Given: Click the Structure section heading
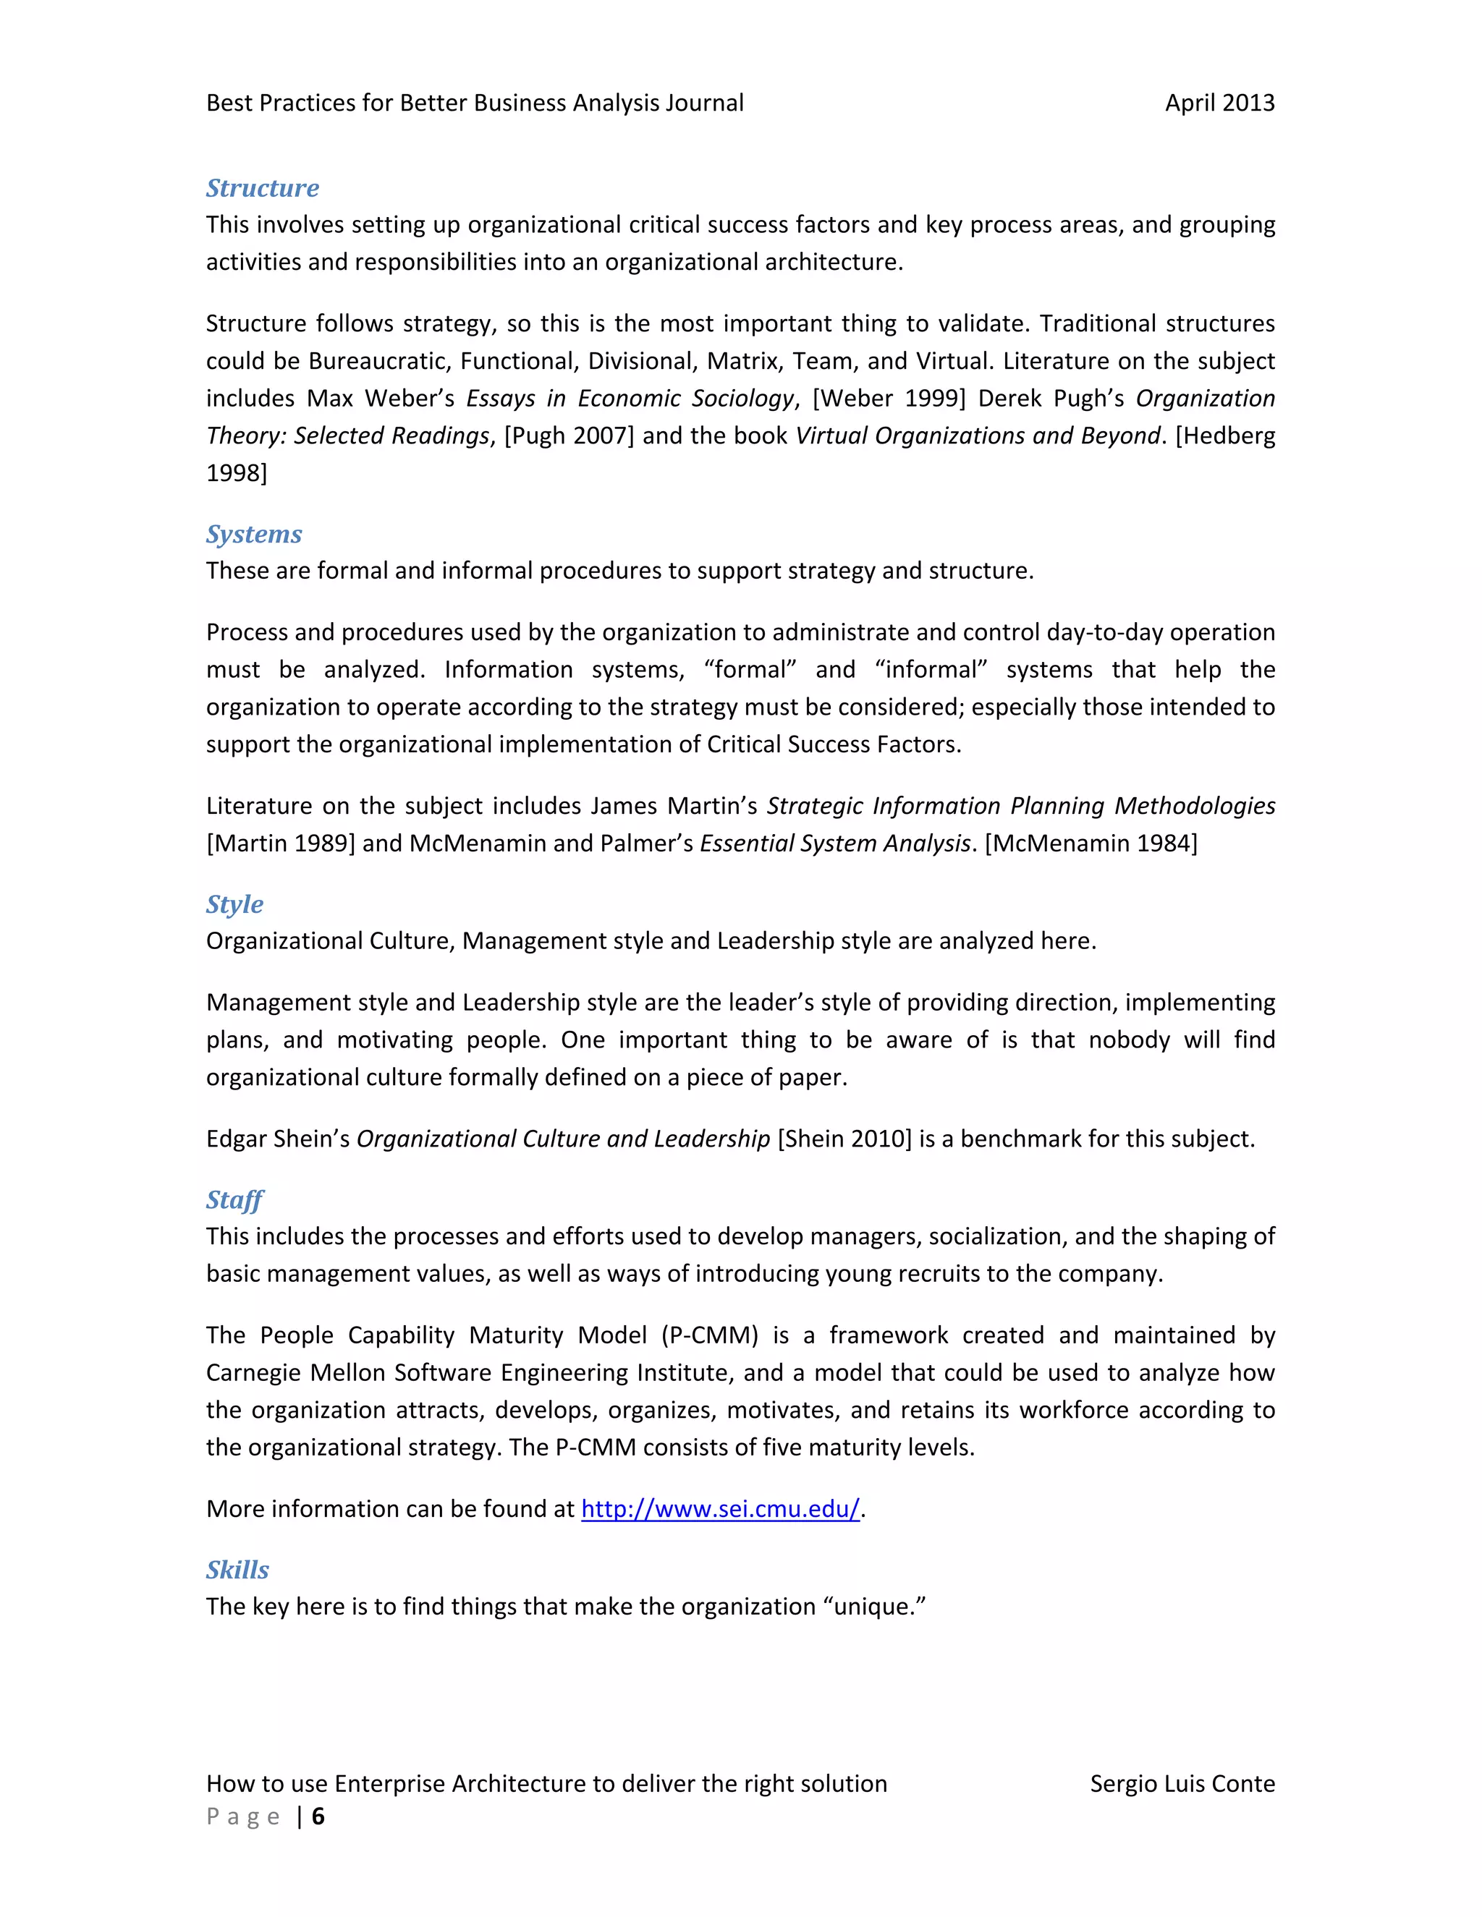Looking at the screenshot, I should click(263, 189).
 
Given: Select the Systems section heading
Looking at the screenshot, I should click(254, 535).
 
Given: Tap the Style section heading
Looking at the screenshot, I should click(234, 905).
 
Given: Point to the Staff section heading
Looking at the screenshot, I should click(234, 1200).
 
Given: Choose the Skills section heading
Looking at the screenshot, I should click(237, 1570).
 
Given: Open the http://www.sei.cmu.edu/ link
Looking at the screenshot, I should click(720, 1509).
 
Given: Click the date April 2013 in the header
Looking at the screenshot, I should click(1219, 103).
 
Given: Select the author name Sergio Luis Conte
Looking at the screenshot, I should click(1182, 1784).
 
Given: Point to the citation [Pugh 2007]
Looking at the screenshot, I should click(568, 436).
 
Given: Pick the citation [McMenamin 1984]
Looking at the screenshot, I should click(1091, 843).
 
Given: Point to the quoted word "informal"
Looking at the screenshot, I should click(931, 670).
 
